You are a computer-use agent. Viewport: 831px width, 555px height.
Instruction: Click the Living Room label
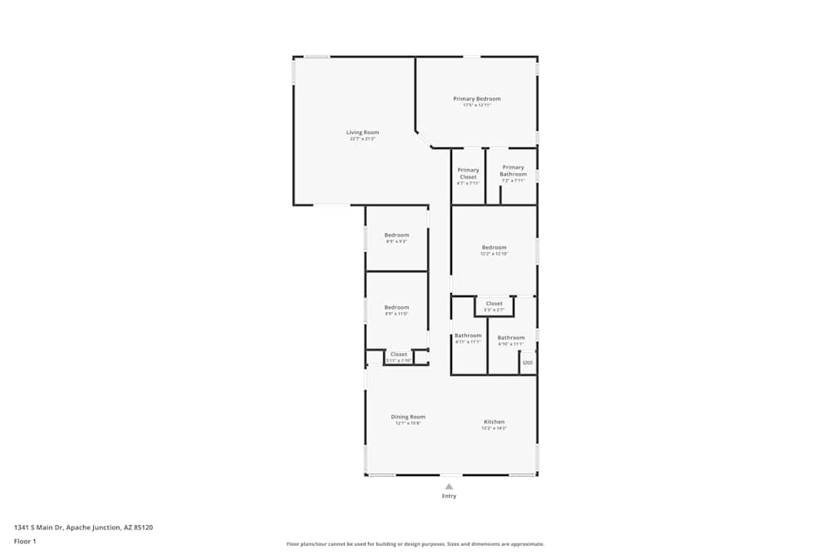(x=362, y=132)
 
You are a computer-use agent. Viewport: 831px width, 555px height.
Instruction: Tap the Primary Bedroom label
(x=477, y=99)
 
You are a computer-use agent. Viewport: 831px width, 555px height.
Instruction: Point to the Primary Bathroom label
(x=513, y=171)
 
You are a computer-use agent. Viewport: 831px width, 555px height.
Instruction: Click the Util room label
(x=527, y=363)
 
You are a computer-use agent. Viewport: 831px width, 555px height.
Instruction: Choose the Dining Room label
(x=408, y=417)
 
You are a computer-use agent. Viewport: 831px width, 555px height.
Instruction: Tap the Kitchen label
(x=494, y=422)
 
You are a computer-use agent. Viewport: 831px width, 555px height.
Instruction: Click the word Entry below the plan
(x=449, y=496)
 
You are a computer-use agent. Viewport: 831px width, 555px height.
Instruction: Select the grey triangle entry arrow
(x=449, y=487)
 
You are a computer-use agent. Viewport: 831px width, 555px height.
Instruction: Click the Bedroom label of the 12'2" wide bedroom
(x=494, y=247)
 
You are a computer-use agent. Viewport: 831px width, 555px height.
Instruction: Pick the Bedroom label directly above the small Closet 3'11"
(x=396, y=307)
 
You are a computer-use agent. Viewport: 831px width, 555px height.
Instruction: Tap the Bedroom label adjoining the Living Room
(x=396, y=235)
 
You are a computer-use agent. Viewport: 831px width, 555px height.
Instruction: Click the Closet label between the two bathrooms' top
(x=494, y=304)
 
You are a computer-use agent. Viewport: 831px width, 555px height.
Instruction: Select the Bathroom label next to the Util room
(x=511, y=337)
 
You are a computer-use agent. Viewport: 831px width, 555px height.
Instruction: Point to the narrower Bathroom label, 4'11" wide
(x=468, y=335)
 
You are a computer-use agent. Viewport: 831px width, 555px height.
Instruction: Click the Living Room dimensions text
(x=362, y=139)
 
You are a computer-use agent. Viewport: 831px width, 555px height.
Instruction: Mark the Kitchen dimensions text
(x=494, y=429)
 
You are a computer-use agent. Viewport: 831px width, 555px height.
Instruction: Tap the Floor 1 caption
(x=25, y=541)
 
